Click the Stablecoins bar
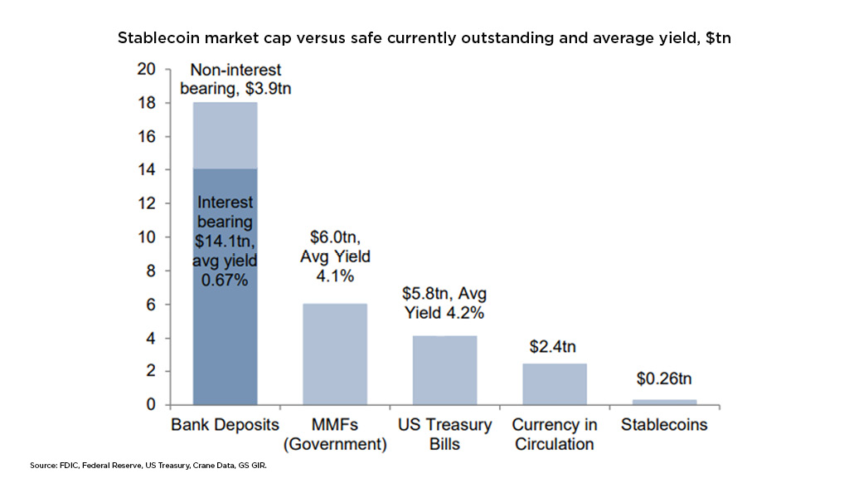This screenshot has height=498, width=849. tap(665, 402)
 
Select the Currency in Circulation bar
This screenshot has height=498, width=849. tap(555, 384)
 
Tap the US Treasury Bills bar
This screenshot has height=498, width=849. tap(444, 370)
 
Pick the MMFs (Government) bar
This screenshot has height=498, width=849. tap(334, 354)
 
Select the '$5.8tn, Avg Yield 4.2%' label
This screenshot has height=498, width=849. tap(444, 303)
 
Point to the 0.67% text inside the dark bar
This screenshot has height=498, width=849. tap(225, 281)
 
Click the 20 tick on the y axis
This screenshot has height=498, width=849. tap(146, 70)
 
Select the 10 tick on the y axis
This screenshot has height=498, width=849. tap(146, 237)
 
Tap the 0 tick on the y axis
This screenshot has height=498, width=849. tap(150, 405)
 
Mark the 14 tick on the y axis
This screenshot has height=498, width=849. tap(146, 170)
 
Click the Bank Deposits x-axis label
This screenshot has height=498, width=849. tap(225, 425)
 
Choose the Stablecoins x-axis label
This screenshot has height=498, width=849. tap(664, 425)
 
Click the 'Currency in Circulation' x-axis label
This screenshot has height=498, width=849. tap(555, 434)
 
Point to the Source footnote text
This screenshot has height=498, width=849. tap(148, 467)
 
